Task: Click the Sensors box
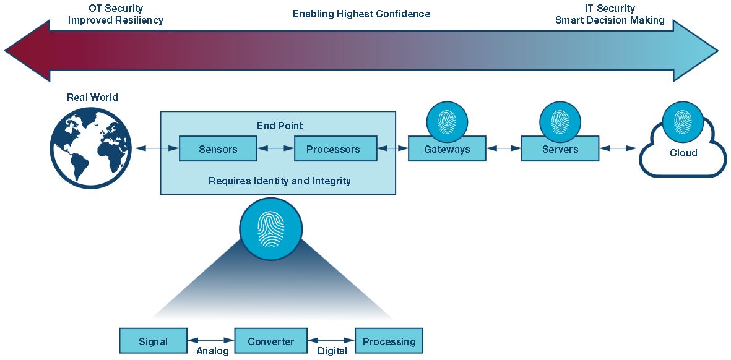click(218, 149)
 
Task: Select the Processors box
click(333, 149)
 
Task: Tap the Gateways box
click(446, 150)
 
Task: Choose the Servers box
click(560, 150)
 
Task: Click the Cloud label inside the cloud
click(683, 153)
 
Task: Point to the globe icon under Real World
click(91, 147)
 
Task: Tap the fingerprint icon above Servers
click(560, 120)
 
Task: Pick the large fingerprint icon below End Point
click(271, 228)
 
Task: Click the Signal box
click(153, 341)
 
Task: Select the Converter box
click(270, 341)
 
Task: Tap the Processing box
click(389, 341)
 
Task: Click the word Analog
click(212, 351)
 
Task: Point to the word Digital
click(332, 351)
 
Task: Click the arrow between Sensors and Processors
click(275, 149)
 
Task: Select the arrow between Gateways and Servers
click(503, 149)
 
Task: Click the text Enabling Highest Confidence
click(361, 14)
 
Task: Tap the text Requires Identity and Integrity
click(279, 181)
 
